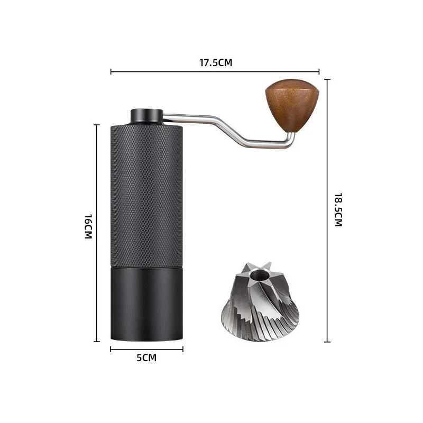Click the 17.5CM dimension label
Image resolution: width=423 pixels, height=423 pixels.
point(216,62)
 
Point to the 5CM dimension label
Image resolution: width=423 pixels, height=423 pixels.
point(146,358)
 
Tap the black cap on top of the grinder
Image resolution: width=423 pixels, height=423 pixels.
point(147,115)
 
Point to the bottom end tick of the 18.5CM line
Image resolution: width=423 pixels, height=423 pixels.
point(327,342)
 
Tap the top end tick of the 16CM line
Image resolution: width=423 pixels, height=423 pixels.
point(97,125)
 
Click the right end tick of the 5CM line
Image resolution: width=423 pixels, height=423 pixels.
point(183,349)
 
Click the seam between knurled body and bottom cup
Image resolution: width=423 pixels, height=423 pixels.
point(147,265)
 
